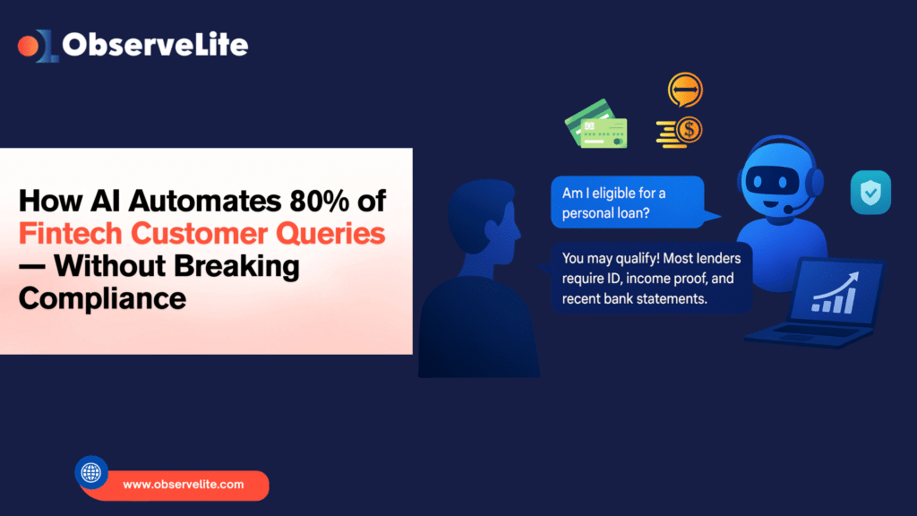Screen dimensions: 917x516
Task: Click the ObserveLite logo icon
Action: [x=38, y=46]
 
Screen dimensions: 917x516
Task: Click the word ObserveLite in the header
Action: [x=155, y=45]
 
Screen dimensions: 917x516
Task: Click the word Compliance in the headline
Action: [x=102, y=298]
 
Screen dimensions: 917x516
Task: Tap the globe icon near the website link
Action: [x=91, y=472]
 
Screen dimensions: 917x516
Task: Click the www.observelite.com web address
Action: [x=183, y=485]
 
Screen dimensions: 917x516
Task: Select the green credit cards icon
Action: [x=596, y=125]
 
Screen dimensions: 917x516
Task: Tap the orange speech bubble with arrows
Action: [x=685, y=90]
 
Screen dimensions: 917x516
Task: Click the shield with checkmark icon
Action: [x=870, y=193]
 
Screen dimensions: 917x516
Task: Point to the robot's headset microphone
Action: [x=791, y=209]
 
